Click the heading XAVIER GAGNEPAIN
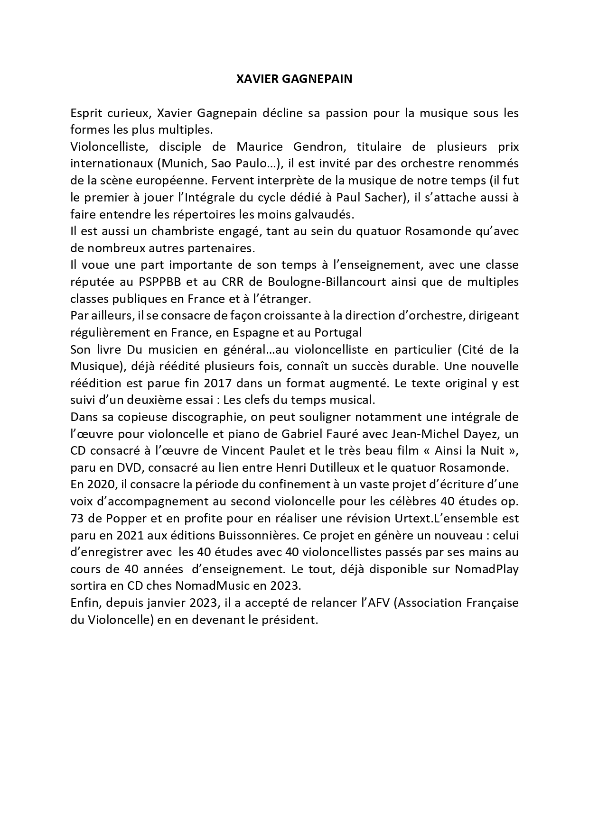pyautogui.click(x=294, y=79)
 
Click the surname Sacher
pyautogui.click(x=385, y=197)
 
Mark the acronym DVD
pyautogui.click(x=130, y=467)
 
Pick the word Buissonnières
pyautogui.click(x=255, y=535)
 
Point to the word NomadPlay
pyautogui.click(x=486, y=569)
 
